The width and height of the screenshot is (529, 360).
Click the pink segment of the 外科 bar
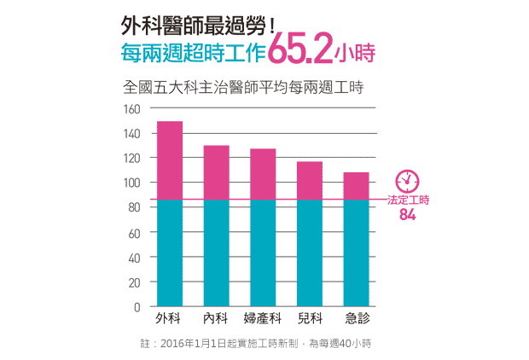[x=170, y=160]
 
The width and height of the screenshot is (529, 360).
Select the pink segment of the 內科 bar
[x=216, y=172]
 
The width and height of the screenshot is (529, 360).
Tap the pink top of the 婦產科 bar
[x=263, y=174]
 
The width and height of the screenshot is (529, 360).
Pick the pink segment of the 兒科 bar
[x=310, y=181]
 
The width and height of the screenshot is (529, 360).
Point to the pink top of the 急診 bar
[x=356, y=186]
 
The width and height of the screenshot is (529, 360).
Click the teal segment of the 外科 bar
[x=170, y=253]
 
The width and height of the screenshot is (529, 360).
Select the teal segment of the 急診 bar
[x=356, y=253]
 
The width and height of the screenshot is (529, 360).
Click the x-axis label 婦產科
[x=263, y=318]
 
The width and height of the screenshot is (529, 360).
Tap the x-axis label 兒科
[x=310, y=318]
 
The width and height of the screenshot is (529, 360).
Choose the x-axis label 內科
[x=215, y=318]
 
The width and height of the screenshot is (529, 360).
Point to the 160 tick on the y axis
[x=131, y=109]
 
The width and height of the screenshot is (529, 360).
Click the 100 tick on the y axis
[x=131, y=183]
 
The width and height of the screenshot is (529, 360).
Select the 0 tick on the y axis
[x=137, y=307]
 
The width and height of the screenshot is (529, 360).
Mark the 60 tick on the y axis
[x=134, y=233]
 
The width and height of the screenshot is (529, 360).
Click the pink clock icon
[x=407, y=181]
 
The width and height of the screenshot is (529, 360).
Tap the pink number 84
[x=408, y=215]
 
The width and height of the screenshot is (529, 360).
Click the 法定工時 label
[x=408, y=200]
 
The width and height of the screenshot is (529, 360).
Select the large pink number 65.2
[x=300, y=48]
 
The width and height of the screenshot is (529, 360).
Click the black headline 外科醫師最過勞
[x=199, y=26]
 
